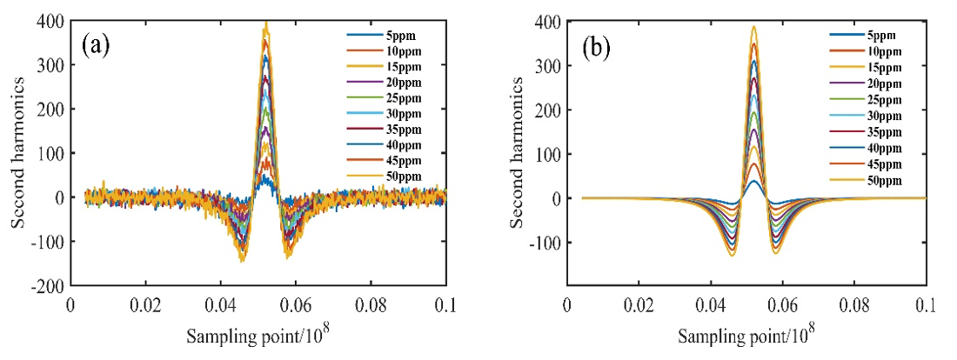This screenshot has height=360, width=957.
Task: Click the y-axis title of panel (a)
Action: tap(18, 153)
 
